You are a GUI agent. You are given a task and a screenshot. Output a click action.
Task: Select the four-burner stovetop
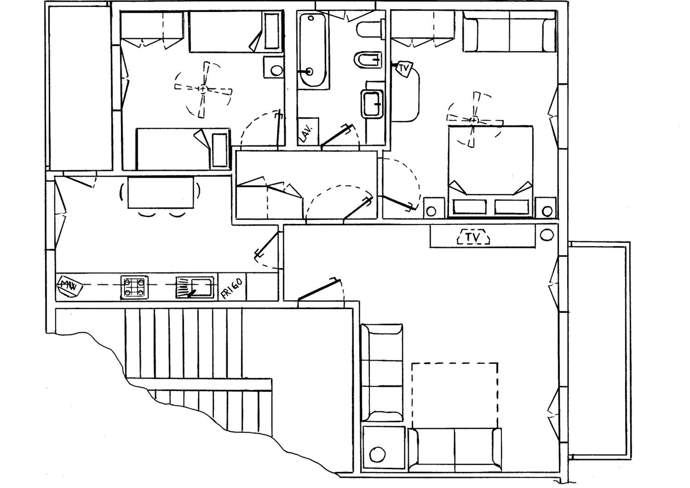134,287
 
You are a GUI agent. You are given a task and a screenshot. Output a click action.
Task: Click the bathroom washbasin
372,104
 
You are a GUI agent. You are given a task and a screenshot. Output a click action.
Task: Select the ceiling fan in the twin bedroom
203,89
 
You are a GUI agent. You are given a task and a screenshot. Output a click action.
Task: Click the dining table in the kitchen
161,192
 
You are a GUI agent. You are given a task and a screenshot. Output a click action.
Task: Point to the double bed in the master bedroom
490,171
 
